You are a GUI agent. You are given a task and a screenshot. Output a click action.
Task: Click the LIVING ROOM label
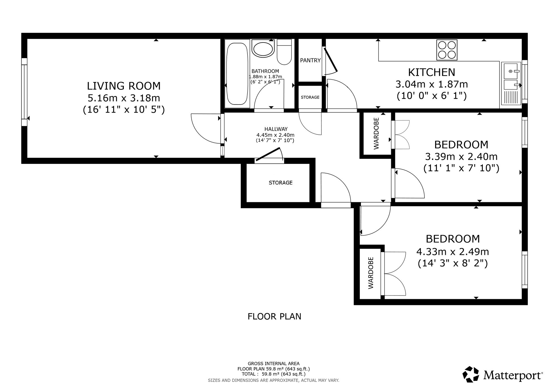[124, 86]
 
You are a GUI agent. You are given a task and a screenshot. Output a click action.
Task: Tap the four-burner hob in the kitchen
[447, 50]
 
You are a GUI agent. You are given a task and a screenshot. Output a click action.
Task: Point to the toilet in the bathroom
[284, 52]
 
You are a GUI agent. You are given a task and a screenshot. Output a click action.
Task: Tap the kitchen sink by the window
[511, 83]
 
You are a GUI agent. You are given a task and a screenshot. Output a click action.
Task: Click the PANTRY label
[310, 60]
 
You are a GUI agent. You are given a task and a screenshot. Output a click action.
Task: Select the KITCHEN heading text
[432, 72]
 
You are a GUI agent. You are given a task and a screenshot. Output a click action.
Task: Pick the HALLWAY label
[276, 129]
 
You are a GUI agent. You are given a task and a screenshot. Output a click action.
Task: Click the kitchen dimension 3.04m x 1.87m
[432, 84]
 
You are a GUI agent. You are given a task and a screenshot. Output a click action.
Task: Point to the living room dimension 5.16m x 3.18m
[124, 98]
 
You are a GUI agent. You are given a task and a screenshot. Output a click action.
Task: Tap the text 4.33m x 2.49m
[453, 251]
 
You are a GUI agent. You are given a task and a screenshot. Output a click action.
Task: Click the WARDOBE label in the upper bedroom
[376, 133]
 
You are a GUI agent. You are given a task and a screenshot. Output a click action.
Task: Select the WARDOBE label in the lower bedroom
[371, 273]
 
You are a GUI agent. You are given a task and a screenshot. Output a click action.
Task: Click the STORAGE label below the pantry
[310, 97]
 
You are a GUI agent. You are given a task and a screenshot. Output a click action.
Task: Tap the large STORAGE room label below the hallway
[281, 182]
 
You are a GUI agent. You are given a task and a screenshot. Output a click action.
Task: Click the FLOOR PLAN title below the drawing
[274, 316]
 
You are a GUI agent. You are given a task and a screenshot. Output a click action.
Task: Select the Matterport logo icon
[471, 374]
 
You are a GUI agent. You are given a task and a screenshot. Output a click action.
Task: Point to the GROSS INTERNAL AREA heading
[274, 364]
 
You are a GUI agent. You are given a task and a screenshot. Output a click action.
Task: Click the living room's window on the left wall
[24, 92]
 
